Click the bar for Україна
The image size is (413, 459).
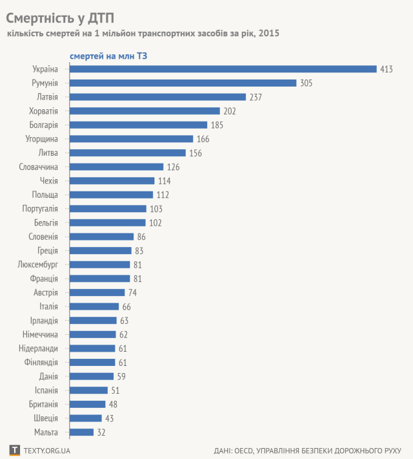pos(223,69)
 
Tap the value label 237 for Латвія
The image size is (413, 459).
pos(256,97)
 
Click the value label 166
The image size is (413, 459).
pos(203,139)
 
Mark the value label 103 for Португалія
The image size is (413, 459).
pos(156,209)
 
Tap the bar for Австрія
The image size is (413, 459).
pos(97,292)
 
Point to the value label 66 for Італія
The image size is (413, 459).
pos(127,306)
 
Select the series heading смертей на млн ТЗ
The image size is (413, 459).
pos(108,56)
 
